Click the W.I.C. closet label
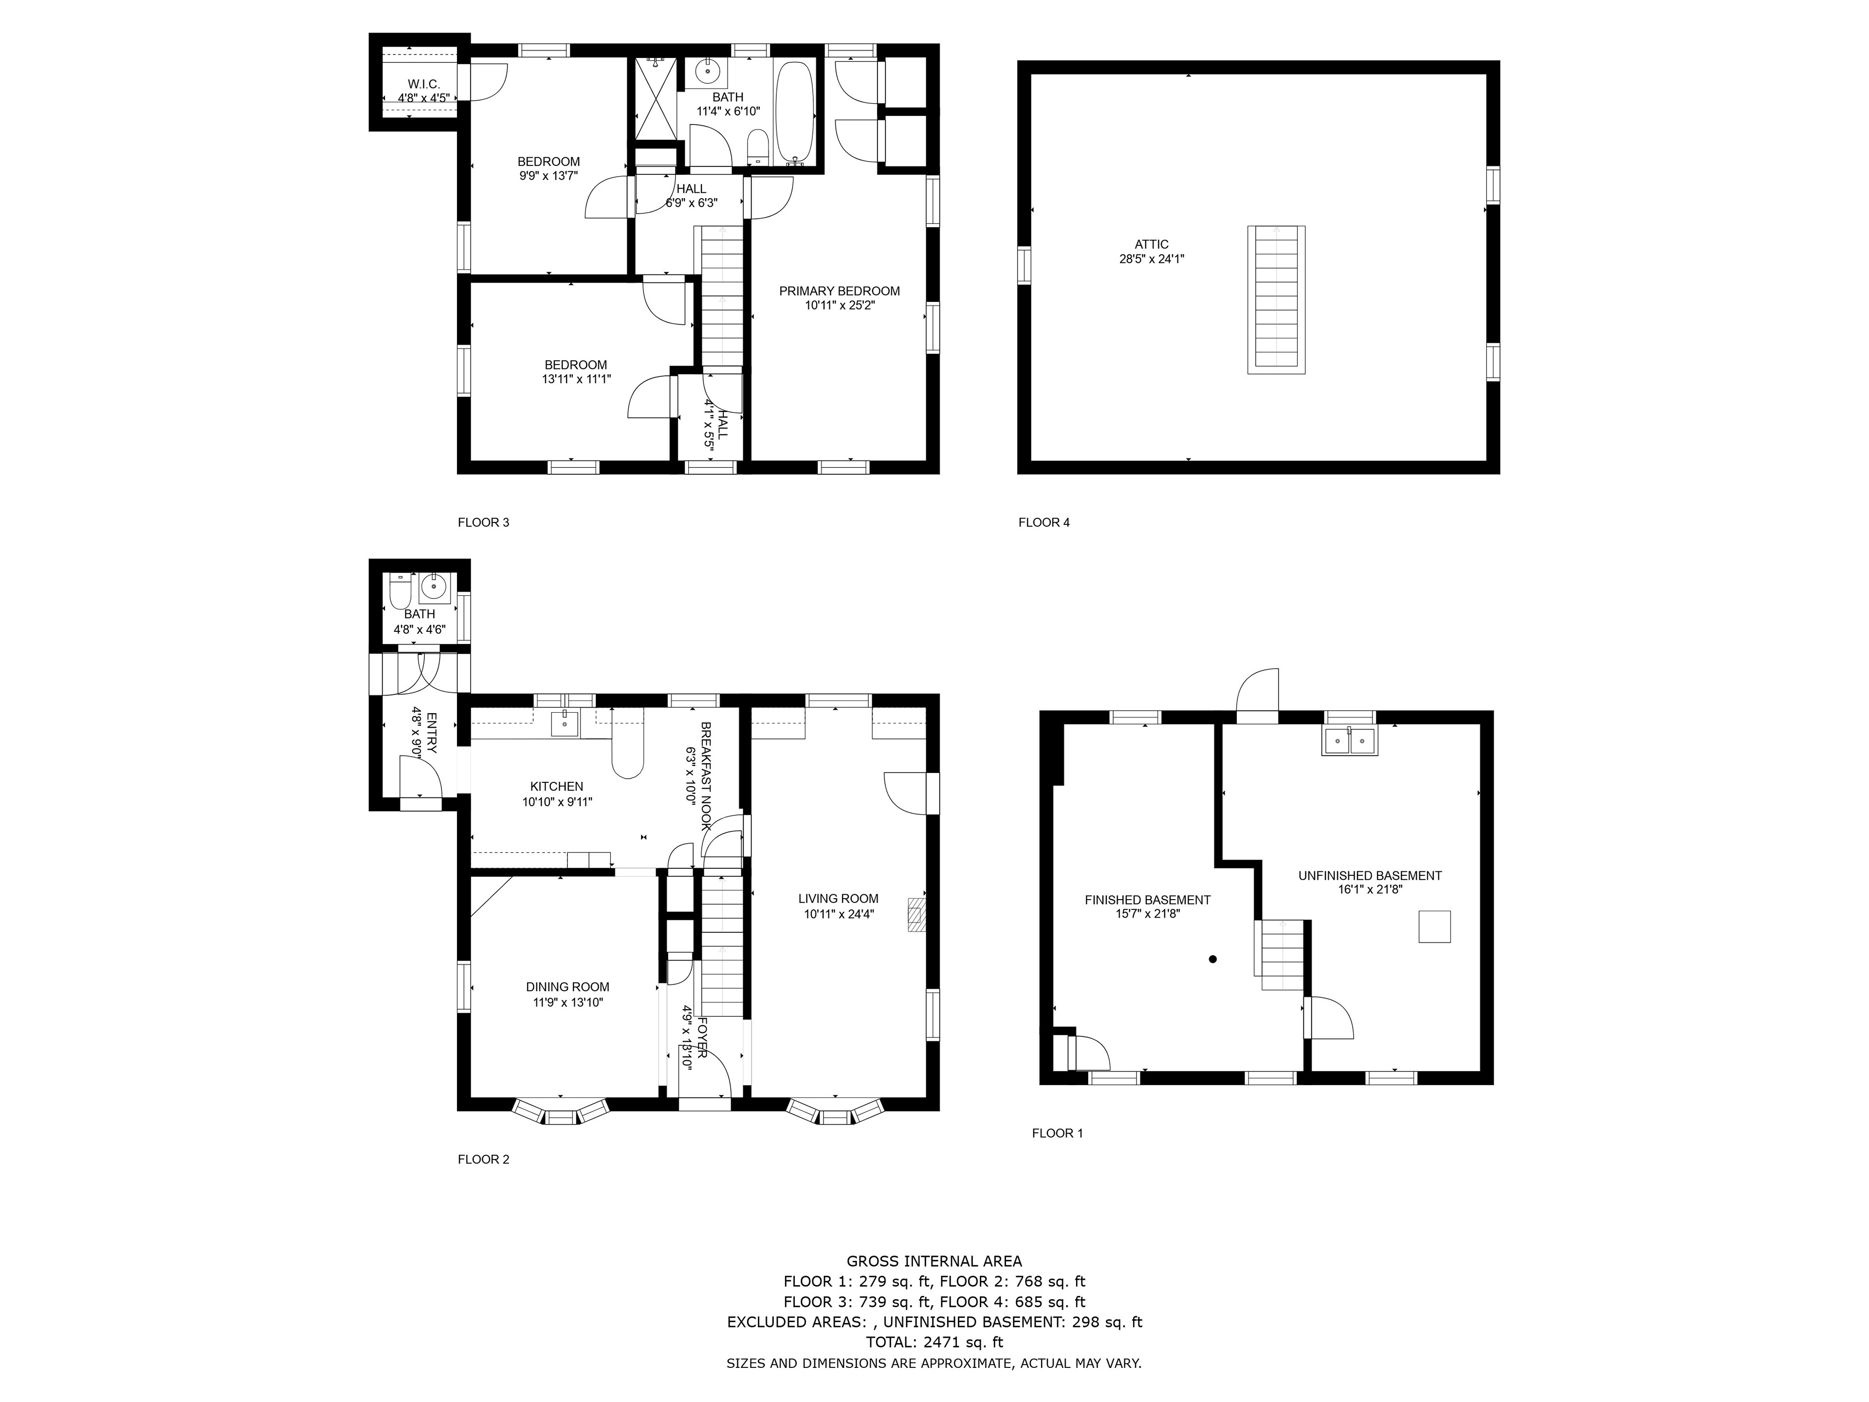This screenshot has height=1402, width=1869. point(423,85)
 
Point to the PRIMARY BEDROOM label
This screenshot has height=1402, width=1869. point(839,291)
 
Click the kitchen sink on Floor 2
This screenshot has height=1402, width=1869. point(565,723)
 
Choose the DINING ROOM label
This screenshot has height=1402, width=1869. point(567,986)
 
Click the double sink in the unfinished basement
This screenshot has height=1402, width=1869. point(1349,740)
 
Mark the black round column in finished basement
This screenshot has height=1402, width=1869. point(1212,959)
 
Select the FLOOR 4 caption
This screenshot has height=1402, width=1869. point(1044,522)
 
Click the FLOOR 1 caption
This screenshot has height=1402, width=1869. point(1057,1133)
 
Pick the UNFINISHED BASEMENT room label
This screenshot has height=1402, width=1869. point(1370,875)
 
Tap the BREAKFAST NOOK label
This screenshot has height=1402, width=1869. point(706,776)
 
